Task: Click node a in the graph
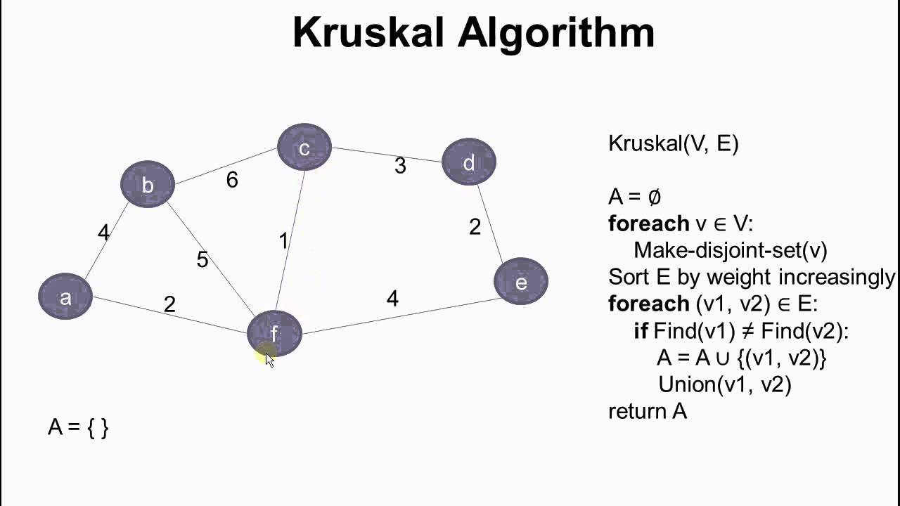click(x=65, y=297)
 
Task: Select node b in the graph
click(x=148, y=184)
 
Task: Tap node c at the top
click(x=304, y=148)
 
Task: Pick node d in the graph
click(x=469, y=162)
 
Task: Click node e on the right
click(x=521, y=282)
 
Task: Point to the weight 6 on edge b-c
click(x=232, y=180)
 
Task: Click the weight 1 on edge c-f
click(x=283, y=241)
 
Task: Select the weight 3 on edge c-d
click(x=400, y=166)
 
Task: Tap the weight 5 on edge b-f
click(x=202, y=260)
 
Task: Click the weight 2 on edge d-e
click(x=475, y=226)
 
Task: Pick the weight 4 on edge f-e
click(x=392, y=299)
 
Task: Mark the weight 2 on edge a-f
click(x=169, y=304)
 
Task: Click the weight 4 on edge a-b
click(x=104, y=233)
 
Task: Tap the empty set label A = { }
click(x=78, y=427)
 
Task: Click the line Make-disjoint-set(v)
click(x=731, y=250)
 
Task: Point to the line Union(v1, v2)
click(x=724, y=384)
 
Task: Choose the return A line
click(x=647, y=410)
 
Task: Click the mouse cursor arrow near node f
click(x=269, y=359)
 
